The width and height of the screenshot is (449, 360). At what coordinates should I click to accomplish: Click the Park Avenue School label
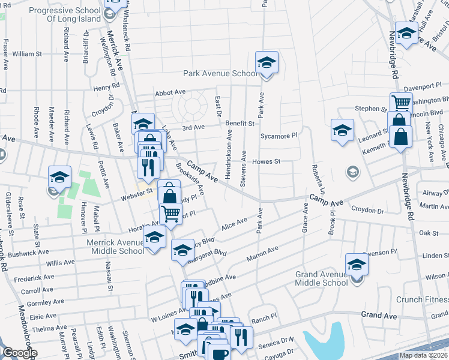point(220,74)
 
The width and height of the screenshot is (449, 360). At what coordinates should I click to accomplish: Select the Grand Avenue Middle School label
point(321,278)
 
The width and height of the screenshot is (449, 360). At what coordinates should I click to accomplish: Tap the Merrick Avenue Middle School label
point(118,246)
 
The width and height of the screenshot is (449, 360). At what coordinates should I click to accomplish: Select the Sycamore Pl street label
point(279,136)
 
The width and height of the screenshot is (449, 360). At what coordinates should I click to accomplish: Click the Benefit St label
point(240,123)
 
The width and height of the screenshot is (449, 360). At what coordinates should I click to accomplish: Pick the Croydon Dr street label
point(367,211)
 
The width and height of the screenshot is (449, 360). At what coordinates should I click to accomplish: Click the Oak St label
point(429,232)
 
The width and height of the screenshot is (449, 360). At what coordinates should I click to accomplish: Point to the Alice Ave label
point(234,223)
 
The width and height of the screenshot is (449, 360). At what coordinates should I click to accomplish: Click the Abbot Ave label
point(170,92)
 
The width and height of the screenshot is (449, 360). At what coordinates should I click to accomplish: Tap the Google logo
point(19,353)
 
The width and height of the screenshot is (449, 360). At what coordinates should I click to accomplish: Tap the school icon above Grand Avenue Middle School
point(356,264)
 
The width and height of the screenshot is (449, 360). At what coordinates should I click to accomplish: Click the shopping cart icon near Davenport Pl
point(400,102)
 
